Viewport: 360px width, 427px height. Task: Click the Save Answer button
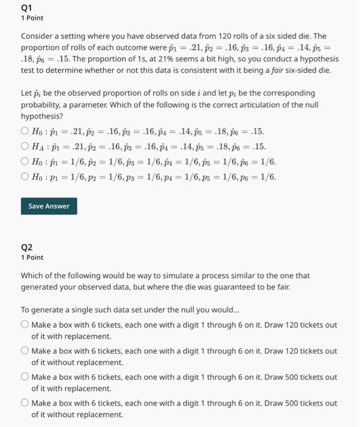pyautogui.click(x=49, y=206)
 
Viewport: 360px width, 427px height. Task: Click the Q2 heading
pyautogui.click(x=26, y=247)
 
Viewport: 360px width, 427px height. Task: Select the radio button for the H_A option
pyautogui.click(x=24, y=146)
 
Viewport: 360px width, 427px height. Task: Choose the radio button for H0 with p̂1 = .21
pyautogui.click(x=24, y=131)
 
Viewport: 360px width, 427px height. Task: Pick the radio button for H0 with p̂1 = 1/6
pyautogui.click(x=24, y=162)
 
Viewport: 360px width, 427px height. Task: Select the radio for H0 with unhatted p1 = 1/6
pyautogui.click(x=24, y=178)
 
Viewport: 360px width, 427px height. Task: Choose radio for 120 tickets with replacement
pyautogui.click(x=24, y=325)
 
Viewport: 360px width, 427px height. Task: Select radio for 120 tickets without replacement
pyautogui.click(x=24, y=351)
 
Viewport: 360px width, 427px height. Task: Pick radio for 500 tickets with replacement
pyautogui.click(x=24, y=377)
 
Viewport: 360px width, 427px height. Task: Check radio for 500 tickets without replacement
pyautogui.click(x=24, y=403)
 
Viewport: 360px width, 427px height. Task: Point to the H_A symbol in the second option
pyautogui.click(x=39, y=146)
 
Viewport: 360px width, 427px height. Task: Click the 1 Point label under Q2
pyautogui.click(x=32, y=257)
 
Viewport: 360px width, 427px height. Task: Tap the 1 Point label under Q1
pyautogui.click(x=32, y=18)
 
